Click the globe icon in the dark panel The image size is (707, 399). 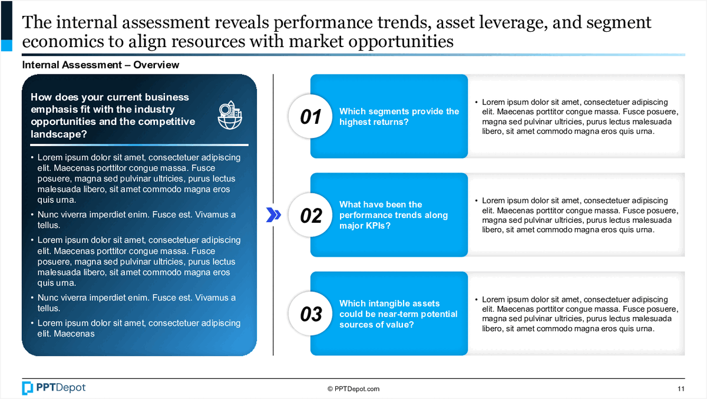point(230,115)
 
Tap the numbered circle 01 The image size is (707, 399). point(310,116)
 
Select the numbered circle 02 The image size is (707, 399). point(310,215)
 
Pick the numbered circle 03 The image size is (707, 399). point(310,314)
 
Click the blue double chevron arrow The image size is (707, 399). point(273,215)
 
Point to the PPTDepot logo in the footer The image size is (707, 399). point(54,388)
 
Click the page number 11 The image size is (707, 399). point(681,389)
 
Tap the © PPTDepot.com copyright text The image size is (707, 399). point(353,389)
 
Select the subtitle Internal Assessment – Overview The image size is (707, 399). point(100,65)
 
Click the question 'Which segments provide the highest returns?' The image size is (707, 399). point(399,117)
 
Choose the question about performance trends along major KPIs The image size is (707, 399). point(394,215)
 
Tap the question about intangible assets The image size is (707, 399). point(398,314)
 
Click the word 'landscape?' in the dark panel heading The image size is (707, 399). point(59,134)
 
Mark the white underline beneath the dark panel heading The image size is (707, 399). point(139,145)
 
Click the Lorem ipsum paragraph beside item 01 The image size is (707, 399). point(577,117)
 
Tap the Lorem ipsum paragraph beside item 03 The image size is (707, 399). point(577,314)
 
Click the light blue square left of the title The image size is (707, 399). point(6,45)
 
